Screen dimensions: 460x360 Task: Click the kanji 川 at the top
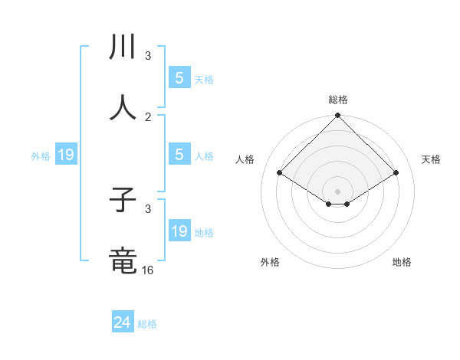[123, 47]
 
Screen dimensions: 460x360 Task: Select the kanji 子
[123, 201]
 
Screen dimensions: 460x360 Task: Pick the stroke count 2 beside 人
[148, 116]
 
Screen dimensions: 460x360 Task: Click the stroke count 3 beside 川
[148, 56]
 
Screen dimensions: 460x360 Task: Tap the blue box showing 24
[123, 323]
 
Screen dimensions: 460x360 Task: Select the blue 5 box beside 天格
[179, 77]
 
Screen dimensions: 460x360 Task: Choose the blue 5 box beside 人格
[179, 154]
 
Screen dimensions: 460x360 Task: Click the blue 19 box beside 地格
[179, 231]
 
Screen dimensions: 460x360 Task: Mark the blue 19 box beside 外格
[66, 155]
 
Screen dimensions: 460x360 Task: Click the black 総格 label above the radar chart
[337, 100]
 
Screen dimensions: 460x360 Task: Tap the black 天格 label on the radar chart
[431, 159]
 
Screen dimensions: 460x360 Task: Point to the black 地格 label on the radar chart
[402, 262]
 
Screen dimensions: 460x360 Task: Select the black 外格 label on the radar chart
[270, 262]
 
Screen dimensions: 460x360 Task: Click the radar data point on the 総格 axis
[337, 116]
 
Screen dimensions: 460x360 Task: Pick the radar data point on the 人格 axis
[280, 172]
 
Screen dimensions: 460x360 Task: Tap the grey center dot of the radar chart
[337, 191]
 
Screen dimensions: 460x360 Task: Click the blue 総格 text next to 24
[147, 324]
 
